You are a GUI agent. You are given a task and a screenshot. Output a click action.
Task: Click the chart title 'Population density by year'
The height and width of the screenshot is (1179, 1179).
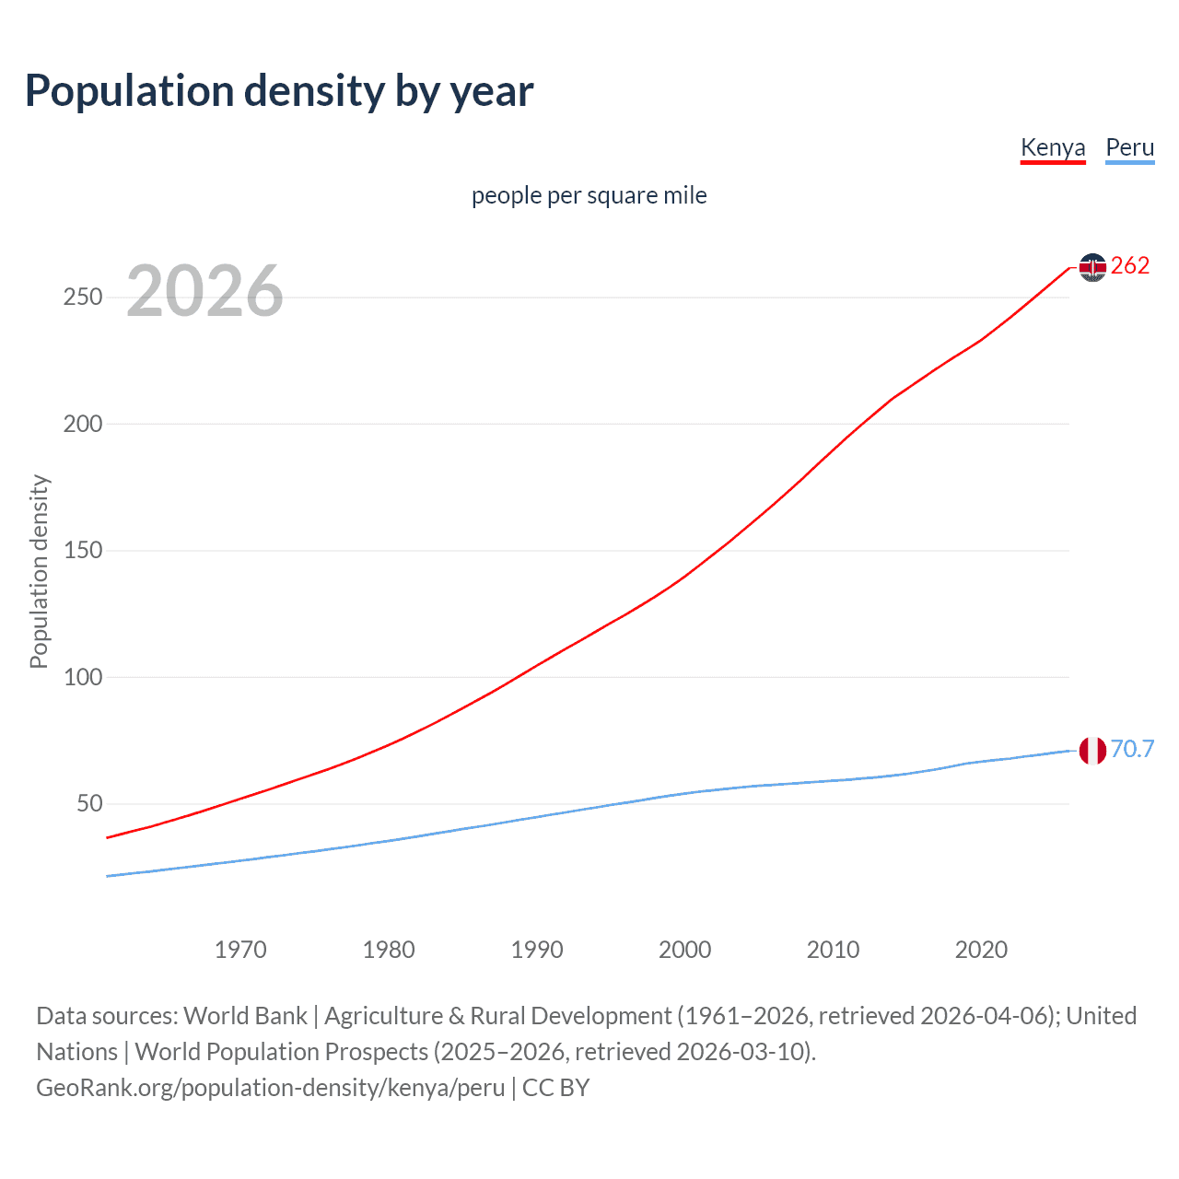coord(279,91)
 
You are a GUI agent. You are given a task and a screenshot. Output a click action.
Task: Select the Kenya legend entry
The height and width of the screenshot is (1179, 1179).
coord(1053,147)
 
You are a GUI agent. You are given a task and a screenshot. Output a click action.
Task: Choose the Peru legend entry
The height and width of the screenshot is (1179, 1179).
coord(1129,147)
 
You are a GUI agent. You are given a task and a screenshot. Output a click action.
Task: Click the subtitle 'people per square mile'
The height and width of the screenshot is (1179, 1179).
coord(589,195)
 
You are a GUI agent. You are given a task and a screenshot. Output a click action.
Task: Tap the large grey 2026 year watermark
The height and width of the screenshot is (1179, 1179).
coord(204,291)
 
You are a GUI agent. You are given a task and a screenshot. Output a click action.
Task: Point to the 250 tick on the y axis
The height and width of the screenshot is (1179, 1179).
coord(83,298)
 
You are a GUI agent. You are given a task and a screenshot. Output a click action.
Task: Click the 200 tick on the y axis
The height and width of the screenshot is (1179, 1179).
coord(83,424)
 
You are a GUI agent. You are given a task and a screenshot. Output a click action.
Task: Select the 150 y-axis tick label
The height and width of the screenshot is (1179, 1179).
coord(83,551)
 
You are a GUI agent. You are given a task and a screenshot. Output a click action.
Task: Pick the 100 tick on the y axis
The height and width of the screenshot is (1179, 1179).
coord(83,677)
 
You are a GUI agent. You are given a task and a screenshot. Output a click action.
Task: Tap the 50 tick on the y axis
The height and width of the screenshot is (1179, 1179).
coord(89,803)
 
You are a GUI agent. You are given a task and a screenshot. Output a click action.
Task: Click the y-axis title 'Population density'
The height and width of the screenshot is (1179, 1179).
coord(39,571)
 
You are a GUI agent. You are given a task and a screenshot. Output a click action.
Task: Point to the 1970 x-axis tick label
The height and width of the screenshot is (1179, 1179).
coord(240,950)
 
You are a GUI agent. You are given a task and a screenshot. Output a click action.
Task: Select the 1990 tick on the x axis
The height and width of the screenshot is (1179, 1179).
coord(537,950)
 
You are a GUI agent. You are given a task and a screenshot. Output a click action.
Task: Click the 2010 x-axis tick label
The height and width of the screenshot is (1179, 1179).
coord(833,950)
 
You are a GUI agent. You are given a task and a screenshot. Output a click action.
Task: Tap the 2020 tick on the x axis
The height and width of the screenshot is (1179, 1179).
coord(981,950)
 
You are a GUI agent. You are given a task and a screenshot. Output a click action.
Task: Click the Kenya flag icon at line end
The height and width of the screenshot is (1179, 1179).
coord(1092,267)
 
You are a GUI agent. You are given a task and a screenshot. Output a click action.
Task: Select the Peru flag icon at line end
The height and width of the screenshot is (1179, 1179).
coord(1092,751)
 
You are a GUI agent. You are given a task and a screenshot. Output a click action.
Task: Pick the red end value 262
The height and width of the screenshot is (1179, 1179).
coord(1130,266)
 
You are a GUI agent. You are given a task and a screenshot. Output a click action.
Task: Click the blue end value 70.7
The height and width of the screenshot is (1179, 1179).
coord(1132,750)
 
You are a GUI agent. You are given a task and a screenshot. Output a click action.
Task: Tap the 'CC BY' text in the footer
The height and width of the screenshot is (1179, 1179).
coord(555,1088)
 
